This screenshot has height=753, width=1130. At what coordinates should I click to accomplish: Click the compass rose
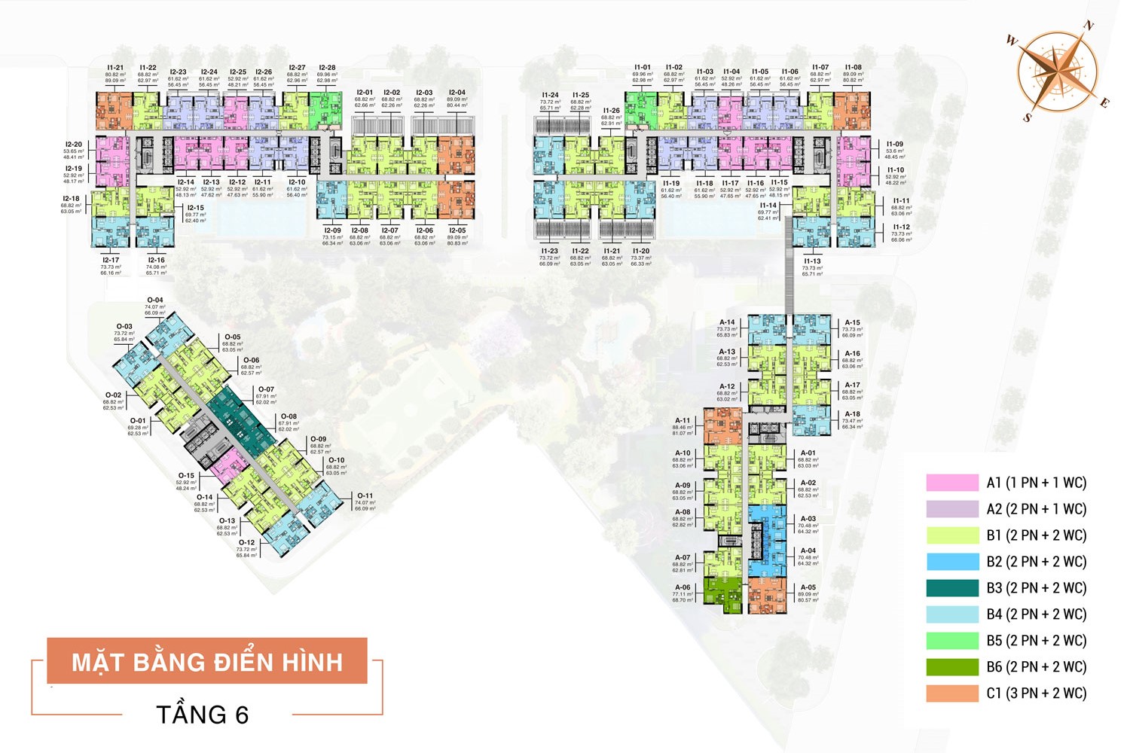tap(1058, 72)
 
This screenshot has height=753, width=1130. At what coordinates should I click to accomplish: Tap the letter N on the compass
tap(1088, 26)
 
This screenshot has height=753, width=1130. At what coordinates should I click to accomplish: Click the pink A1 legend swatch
tap(952, 483)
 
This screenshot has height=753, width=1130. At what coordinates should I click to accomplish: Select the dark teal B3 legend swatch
tap(952, 588)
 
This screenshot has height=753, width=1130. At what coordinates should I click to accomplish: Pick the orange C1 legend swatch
tap(952, 694)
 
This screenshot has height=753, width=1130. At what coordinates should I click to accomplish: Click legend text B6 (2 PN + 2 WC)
tap(1037, 667)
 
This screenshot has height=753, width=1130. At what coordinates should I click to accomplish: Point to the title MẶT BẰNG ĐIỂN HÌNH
tap(207, 662)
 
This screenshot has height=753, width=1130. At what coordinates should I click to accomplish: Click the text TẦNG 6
tap(202, 714)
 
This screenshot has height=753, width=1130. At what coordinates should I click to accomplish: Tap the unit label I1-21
tap(115, 68)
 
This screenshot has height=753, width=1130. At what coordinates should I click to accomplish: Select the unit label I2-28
tap(327, 68)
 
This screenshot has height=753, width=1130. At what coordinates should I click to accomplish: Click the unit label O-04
tap(154, 300)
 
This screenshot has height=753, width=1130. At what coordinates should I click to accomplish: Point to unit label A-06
tap(683, 587)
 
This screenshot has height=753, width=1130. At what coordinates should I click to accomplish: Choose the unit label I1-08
tap(853, 68)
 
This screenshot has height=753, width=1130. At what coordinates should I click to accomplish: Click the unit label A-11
tap(683, 421)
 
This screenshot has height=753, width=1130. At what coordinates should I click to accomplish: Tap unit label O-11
tap(365, 495)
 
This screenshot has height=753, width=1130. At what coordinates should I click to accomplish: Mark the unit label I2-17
tap(111, 260)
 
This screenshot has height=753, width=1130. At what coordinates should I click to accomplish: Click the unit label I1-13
tap(812, 261)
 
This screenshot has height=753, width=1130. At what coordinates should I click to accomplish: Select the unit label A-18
tap(852, 414)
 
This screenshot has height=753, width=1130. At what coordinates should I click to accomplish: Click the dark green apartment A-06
tap(722, 590)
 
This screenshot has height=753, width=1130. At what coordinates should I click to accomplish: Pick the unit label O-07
tap(265, 389)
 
